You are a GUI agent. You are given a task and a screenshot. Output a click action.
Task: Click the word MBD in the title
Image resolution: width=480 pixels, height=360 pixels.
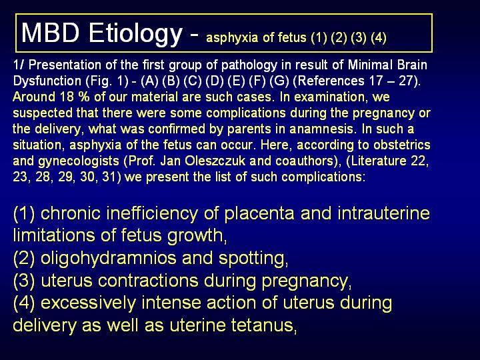click(51, 33)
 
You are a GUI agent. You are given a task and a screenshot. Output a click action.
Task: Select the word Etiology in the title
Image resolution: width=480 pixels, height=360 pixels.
click(135, 34)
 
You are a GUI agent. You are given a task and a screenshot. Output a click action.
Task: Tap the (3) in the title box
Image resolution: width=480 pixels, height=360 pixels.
click(359, 37)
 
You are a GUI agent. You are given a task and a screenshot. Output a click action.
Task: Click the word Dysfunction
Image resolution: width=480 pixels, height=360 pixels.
click(47, 81)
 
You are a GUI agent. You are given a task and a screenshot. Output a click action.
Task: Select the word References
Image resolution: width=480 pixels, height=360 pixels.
click(331, 81)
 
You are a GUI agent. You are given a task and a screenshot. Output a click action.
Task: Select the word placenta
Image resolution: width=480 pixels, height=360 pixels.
click(259, 214)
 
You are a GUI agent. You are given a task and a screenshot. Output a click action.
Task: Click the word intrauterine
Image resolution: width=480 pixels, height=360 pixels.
click(384, 213)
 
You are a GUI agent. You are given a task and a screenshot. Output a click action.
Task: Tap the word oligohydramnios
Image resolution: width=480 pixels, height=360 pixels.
click(109, 259)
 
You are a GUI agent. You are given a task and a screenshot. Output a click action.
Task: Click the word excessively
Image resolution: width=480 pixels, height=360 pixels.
click(88, 303)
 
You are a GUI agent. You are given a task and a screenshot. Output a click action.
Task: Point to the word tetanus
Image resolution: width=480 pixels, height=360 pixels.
click(263, 325)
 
